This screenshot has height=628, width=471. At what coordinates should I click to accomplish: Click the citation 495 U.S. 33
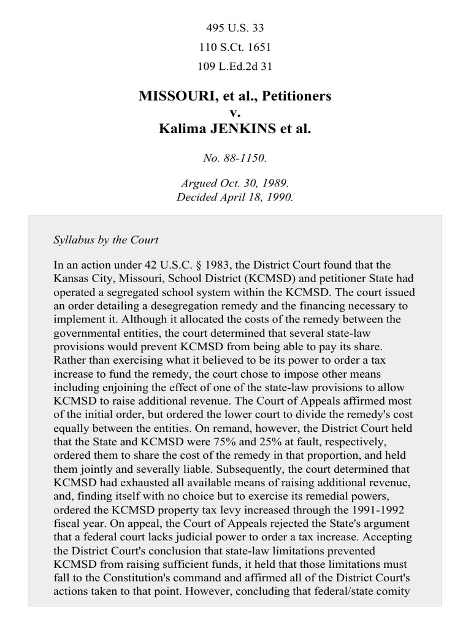pyautogui.click(x=235, y=28)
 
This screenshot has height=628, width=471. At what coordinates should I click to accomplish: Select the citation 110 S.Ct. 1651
pyautogui.click(x=235, y=47)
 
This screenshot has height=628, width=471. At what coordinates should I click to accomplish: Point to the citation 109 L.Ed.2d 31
pyautogui.click(x=235, y=65)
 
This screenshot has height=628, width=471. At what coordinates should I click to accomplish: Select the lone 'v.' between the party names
pyautogui.click(x=235, y=113)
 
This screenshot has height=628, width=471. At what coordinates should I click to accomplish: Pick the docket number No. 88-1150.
pyautogui.click(x=235, y=158)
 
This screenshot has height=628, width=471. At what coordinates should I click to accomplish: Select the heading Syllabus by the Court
pyautogui.click(x=106, y=239)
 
